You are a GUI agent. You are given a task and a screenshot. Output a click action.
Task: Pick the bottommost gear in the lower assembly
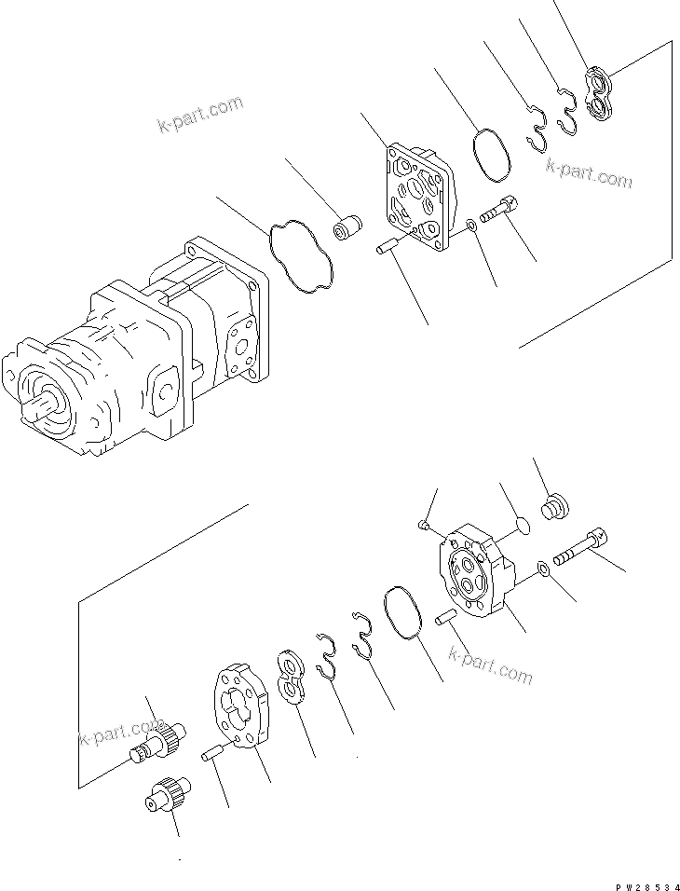[163, 798]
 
